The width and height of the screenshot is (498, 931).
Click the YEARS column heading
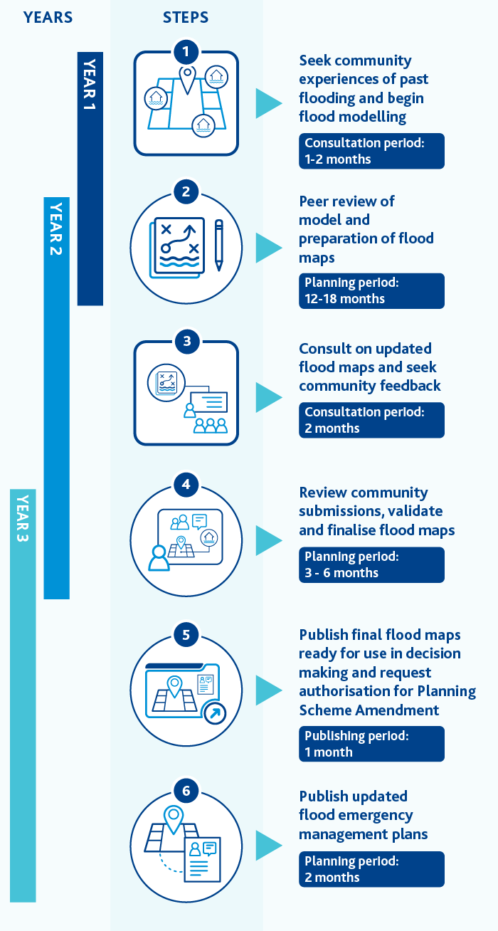pyautogui.click(x=48, y=18)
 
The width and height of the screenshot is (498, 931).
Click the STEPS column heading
pyautogui.click(x=186, y=18)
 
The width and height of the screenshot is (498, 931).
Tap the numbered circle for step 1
pyautogui.click(x=186, y=51)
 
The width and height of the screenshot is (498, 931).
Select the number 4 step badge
pyautogui.click(x=186, y=484)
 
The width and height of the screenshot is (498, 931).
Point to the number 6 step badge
pyautogui.click(x=186, y=791)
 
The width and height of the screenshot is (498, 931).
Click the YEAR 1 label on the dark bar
pyautogui.click(x=90, y=85)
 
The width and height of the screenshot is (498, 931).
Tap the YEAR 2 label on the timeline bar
pyautogui.click(x=56, y=229)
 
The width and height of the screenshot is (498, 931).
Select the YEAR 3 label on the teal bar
pyautogui.click(x=23, y=518)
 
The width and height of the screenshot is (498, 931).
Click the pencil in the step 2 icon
pyautogui.click(x=219, y=246)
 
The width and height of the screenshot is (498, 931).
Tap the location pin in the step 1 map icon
pyautogui.click(x=187, y=79)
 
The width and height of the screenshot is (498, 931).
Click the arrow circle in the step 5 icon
pyautogui.click(x=215, y=713)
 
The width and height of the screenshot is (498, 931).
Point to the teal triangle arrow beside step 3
pyautogui.click(x=269, y=397)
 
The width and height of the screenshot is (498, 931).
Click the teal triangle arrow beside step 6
pyautogui.click(x=269, y=846)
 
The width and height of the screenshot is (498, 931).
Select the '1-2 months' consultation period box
pyautogui.click(x=372, y=152)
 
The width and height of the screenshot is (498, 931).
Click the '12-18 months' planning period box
pyautogui.click(x=372, y=291)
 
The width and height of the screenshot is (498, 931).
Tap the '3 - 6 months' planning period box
pyautogui.click(x=372, y=565)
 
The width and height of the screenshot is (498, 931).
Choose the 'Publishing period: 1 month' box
pyautogui.click(x=372, y=744)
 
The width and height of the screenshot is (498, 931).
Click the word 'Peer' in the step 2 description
pyautogui.click(x=316, y=201)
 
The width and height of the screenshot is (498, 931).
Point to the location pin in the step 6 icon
pyautogui.click(x=174, y=819)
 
